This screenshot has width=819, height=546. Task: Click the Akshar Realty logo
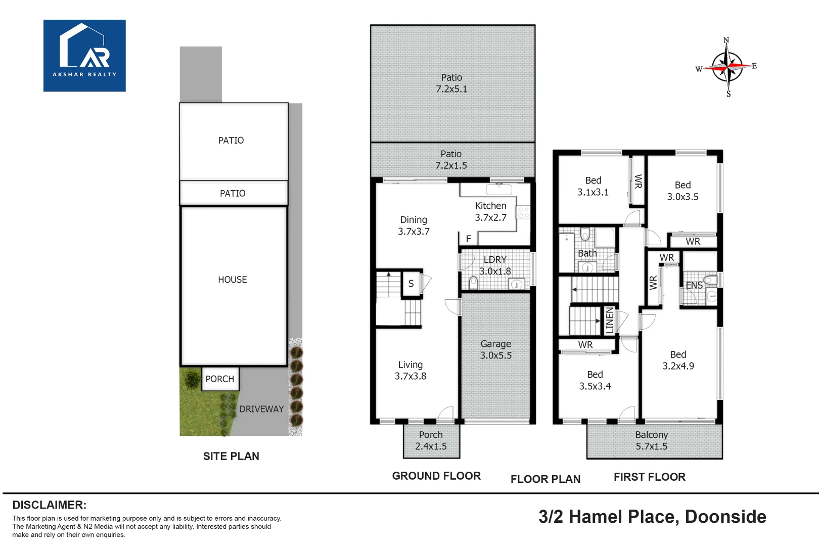pos(84,56)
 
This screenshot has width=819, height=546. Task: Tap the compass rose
pos(727,67)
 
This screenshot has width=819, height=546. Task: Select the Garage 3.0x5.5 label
pos(496,350)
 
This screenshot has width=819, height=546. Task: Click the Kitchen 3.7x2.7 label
pos(491,212)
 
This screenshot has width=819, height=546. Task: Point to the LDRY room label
pos(495,260)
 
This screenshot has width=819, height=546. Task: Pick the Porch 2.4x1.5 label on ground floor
pos(431,441)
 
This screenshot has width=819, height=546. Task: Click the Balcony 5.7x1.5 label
pos(652,441)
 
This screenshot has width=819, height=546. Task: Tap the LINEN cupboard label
pos(610,321)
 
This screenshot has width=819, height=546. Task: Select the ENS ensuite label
pos(694,285)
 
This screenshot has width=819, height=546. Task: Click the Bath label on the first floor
pos(587,253)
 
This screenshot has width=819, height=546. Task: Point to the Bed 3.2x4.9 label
pos(678,360)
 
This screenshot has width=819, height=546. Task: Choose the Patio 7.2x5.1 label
pos(451,83)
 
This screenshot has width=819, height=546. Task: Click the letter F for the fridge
pos(468,239)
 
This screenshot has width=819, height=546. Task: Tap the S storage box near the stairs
pos(412,284)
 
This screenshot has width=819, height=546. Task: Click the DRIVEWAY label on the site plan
pos(261,409)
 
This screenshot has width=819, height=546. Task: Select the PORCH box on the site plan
pos(220,379)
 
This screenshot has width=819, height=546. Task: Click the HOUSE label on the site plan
pos(233,280)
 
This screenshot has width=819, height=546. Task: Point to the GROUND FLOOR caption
pos(437,476)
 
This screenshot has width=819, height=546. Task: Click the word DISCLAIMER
pos(50,505)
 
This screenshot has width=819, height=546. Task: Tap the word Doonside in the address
pos(725,517)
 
